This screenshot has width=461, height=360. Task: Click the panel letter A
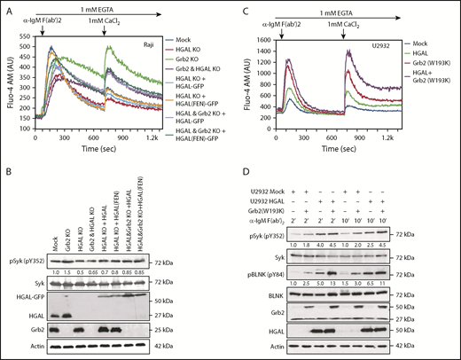(x=5, y=7)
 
